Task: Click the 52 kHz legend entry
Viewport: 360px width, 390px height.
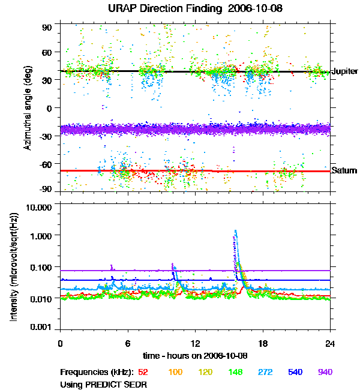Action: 143,372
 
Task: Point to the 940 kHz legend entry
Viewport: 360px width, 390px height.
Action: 324,372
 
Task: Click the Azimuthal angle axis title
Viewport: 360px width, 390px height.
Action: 28,109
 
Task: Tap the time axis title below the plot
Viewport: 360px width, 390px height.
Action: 195,354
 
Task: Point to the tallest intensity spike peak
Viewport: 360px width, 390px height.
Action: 235,230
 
